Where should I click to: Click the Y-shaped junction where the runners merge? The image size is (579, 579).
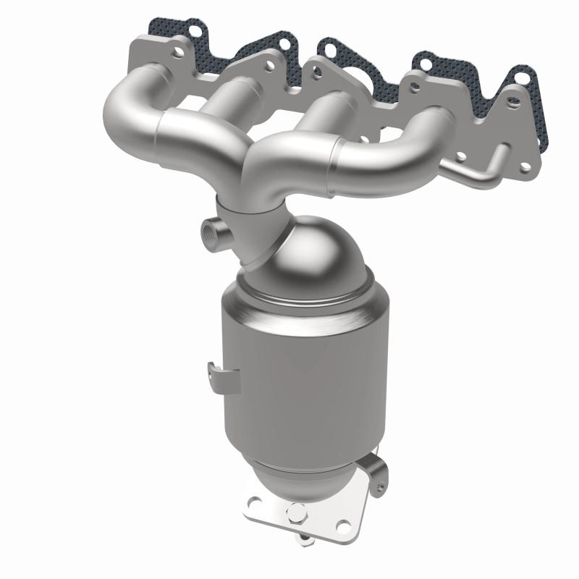250,163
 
